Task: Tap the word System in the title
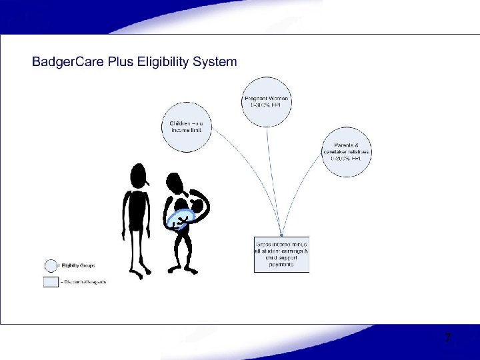coord(215,62)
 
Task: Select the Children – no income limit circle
coord(187,127)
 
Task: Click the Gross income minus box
coord(281,253)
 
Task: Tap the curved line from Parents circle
coord(303,193)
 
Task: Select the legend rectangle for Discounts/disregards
coord(51,281)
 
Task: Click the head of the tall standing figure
coord(139,176)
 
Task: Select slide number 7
coord(448,339)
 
